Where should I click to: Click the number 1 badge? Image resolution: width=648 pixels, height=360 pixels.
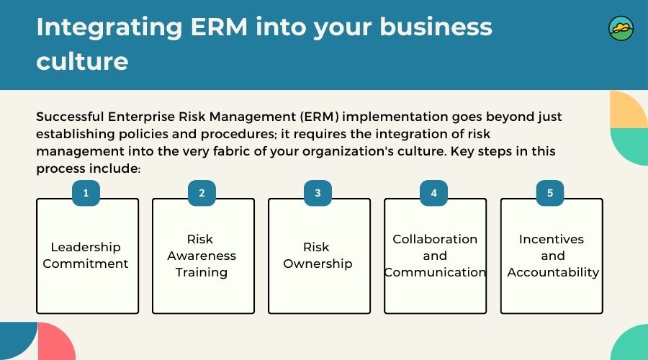(86, 193)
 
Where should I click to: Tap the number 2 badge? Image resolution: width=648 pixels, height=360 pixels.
(202, 193)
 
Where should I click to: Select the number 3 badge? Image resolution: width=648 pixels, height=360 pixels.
(318, 193)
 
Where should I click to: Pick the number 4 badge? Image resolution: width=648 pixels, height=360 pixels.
(434, 193)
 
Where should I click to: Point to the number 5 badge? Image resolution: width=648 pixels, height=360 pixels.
(550, 193)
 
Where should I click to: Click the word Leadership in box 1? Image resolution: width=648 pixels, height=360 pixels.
(86, 247)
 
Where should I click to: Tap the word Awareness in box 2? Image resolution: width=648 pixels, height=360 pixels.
(202, 256)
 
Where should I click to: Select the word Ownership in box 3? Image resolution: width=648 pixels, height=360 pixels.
(318, 264)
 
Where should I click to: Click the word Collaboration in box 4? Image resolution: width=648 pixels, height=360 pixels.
(435, 239)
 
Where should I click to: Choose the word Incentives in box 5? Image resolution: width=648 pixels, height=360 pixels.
(552, 239)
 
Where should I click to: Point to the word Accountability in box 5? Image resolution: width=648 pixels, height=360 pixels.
(553, 273)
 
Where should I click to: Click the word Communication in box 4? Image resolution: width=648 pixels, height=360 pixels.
(435, 272)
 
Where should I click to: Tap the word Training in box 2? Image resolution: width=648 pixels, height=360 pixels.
(202, 273)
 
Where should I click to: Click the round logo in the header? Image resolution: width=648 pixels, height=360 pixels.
(621, 29)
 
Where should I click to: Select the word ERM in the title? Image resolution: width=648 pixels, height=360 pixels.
(219, 27)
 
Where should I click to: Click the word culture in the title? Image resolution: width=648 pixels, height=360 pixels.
(82, 62)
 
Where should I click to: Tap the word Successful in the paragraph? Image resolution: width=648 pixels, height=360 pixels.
(70, 117)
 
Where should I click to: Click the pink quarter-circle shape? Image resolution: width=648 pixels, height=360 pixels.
(56, 342)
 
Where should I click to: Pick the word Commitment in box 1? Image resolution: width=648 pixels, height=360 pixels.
(86, 264)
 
